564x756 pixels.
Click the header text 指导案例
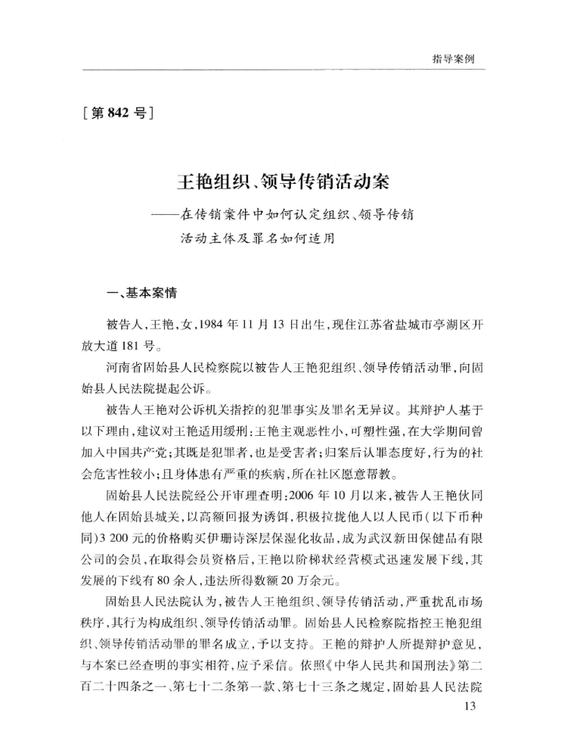pyautogui.click(x=454, y=58)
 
